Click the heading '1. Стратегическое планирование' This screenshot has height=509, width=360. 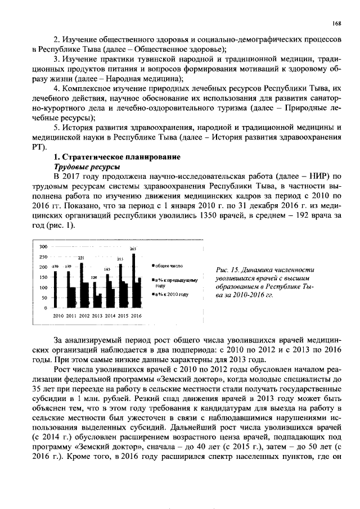[x=116, y=157]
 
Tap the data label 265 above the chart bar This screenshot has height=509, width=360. [x=133, y=249]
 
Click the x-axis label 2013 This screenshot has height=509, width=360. [x=97, y=317]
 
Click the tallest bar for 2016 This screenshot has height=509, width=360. [x=133, y=281]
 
